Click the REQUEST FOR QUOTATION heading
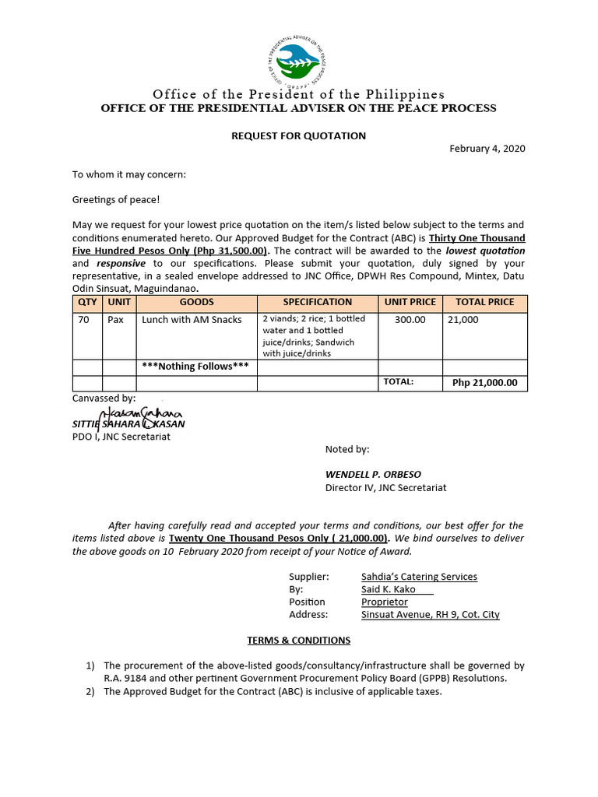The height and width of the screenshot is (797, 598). (298, 135)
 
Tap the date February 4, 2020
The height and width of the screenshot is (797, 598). (487, 149)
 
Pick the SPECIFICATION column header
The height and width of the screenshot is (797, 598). (318, 302)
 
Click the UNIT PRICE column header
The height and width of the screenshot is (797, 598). (410, 302)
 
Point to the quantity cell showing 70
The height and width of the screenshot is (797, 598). (83, 320)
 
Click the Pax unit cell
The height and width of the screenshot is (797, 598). (116, 320)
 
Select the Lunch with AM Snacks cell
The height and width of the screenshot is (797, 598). (192, 320)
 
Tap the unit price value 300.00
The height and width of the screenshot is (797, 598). (410, 320)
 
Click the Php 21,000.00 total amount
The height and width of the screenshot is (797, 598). (484, 383)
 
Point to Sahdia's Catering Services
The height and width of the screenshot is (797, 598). (419, 577)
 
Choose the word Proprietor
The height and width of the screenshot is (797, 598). (384, 602)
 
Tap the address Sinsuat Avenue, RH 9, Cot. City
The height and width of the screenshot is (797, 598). (430, 614)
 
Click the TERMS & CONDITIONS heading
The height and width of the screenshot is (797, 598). (298, 641)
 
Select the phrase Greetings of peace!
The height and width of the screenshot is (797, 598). (115, 199)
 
